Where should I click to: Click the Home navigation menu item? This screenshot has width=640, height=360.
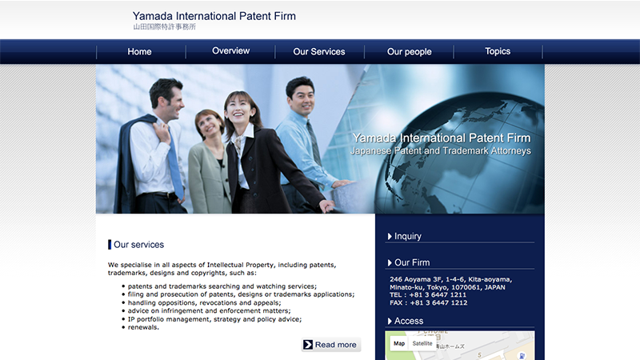click(x=139, y=52)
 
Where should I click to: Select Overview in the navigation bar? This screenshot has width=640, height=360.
click(x=230, y=51)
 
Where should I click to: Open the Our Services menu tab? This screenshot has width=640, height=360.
click(x=319, y=52)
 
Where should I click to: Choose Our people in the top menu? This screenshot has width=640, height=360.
click(x=410, y=52)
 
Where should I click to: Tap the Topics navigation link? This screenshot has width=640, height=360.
click(x=498, y=51)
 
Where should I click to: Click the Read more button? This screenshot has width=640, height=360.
click(x=331, y=345)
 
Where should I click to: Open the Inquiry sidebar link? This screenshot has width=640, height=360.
click(x=405, y=236)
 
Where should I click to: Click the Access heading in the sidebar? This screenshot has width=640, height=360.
click(x=406, y=321)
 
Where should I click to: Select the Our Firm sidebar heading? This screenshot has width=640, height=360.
click(x=409, y=262)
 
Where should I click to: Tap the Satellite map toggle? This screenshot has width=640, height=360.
click(x=422, y=343)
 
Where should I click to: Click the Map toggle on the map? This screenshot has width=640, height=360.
click(x=399, y=343)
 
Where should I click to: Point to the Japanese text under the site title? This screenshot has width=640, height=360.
click(x=165, y=27)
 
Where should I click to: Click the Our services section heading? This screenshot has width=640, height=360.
click(x=138, y=245)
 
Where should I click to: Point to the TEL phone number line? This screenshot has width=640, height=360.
click(x=428, y=294)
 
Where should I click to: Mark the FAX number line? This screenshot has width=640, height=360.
click(x=429, y=303)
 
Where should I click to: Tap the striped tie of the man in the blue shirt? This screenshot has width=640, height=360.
click(x=314, y=142)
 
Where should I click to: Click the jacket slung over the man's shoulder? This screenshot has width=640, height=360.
click(x=130, y=159)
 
